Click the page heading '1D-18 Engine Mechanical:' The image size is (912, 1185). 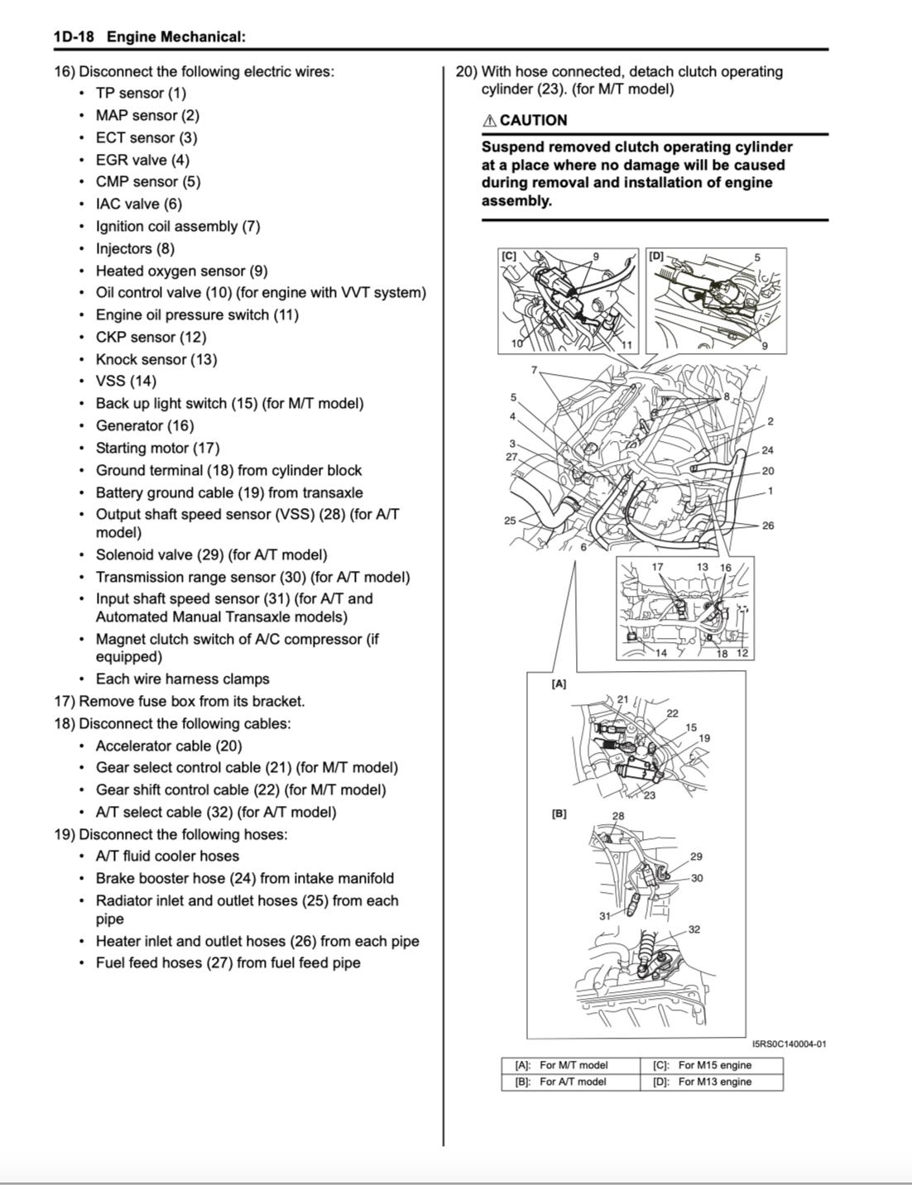point(149,37)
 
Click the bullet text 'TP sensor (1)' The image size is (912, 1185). point(141,94)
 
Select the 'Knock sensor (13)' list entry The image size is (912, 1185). point(156,359)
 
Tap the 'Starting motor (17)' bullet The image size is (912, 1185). point(157,448)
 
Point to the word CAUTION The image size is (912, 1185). point(533,121)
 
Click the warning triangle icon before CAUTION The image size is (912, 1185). point(489,121)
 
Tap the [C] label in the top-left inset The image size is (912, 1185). point(508,256)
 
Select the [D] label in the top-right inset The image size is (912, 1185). point(656,256)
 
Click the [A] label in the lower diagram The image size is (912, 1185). point(559,684)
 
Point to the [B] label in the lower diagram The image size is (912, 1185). point(559,813)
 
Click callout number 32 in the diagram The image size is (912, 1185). point(694,929)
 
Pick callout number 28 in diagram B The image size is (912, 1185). point(618,816)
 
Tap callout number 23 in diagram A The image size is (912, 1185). point(649,796)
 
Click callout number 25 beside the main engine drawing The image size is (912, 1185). point(510,521)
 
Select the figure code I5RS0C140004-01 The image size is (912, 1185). point(789,1044)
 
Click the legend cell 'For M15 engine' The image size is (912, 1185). point(714,1066)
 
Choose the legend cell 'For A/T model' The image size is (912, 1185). point(573,1082)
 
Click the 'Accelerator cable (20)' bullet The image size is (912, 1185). point(169,746)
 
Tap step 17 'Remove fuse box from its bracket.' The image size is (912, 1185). point(180,701)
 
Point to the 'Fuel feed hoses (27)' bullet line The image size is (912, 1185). point(228,962)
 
